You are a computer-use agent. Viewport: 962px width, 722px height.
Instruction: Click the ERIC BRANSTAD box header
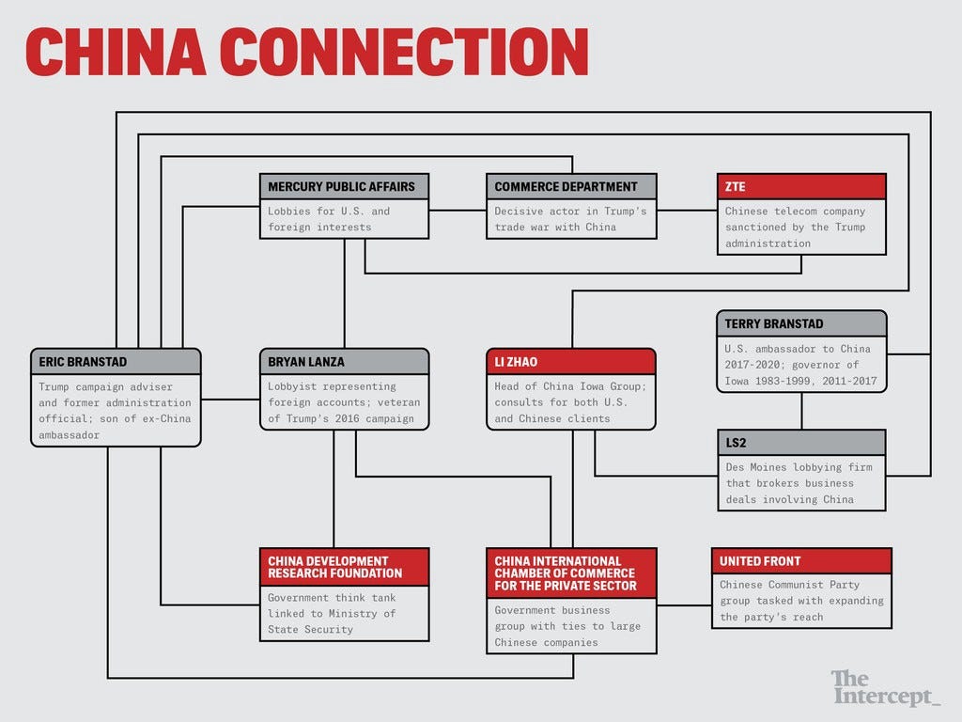tap(115, 362)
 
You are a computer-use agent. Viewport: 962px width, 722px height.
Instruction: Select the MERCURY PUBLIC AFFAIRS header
tap(343, 186)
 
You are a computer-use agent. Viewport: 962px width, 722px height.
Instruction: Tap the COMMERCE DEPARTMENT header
tap(571, 186)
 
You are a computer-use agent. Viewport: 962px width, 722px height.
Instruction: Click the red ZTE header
tap(800, 186)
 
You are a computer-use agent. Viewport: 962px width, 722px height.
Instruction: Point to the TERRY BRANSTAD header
tap(800, 323)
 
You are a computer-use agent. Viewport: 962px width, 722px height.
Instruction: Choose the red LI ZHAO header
tap(570, 362)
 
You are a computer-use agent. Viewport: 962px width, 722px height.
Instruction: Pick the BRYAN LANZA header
tap(343, 362)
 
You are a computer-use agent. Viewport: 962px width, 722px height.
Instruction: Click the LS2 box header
tap(800, 443)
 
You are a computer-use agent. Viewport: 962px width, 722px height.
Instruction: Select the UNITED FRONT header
tap(800, 561)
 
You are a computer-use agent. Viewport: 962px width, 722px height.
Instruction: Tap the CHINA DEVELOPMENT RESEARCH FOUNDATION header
tap(343, 567)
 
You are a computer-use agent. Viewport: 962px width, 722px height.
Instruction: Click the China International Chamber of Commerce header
tap(570, 573)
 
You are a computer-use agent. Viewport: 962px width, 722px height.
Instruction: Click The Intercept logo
tap(884, 687)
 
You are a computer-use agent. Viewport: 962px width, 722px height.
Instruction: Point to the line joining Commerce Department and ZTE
tap(687, 210)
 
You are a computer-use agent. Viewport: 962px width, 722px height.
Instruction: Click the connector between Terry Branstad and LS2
tap(801, 411)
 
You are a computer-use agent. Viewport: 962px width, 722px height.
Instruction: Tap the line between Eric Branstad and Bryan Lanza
tap(229, 400)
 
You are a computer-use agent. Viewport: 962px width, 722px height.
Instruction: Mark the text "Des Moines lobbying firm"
tap(799, 467)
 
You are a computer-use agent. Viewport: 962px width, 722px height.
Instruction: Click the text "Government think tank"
tap(332, 598)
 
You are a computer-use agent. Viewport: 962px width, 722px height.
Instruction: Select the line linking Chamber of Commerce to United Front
tap(684, 604)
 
